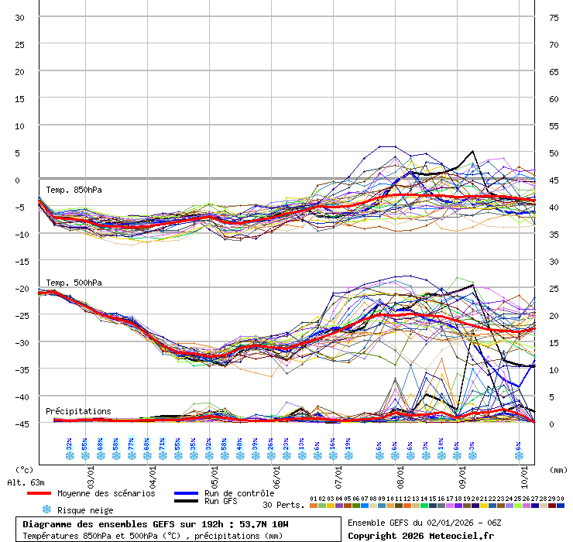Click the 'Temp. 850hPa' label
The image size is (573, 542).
(74, 190)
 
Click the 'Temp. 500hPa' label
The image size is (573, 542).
(74, 283)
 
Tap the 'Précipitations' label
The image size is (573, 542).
(78, 411)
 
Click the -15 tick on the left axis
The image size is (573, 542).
(19, 261)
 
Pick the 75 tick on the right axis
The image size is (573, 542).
(554, 18)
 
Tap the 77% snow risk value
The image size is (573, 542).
(132, 444)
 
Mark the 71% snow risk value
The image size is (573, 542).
(163, 444)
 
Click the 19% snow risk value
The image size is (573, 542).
(348, 444)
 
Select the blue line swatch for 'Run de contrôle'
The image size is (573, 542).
(187, 493)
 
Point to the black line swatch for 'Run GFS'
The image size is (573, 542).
(187, 502)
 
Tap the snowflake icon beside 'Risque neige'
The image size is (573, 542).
(46, 509)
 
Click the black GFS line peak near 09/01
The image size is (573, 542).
(472, 152)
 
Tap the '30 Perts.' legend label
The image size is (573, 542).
(283, 505)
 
